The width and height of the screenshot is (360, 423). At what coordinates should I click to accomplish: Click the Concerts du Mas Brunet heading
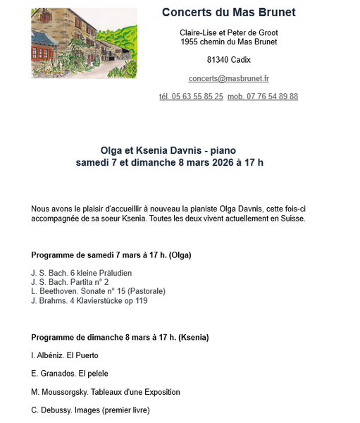228,12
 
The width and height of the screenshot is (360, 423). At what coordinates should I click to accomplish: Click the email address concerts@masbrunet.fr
228,79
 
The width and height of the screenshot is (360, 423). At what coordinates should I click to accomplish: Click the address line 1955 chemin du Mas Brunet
228,42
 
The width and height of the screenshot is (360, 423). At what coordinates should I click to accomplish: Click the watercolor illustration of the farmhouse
84,43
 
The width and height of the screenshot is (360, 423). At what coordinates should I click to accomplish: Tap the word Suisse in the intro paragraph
291,219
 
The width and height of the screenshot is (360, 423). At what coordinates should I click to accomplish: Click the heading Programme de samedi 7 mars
111,255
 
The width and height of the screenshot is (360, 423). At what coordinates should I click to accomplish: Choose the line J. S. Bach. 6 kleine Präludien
81,273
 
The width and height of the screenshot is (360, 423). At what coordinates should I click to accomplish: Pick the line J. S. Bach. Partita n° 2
70,282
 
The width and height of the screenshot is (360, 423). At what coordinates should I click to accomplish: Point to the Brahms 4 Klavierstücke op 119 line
89,301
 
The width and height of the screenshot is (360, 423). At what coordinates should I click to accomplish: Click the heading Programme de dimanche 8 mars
120,338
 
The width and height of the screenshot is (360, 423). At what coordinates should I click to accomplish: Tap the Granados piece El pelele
89,374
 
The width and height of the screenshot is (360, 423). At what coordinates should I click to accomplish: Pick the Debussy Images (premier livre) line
90,410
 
